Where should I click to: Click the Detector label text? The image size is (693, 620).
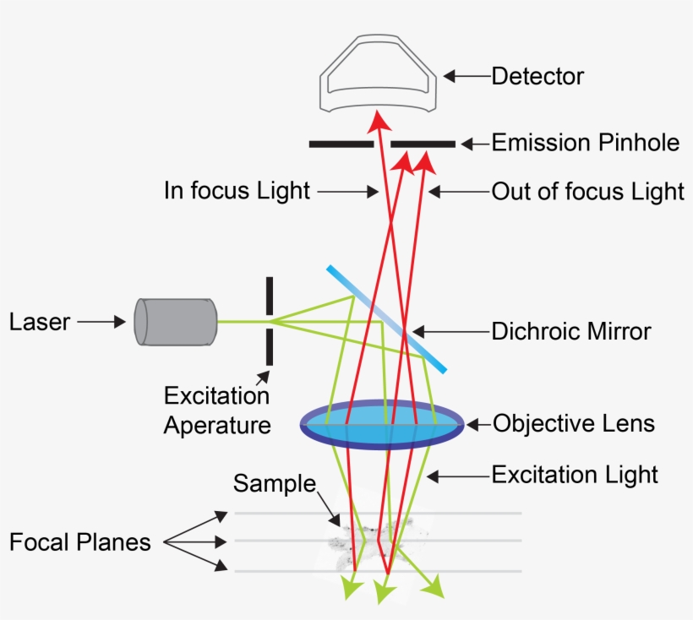537,76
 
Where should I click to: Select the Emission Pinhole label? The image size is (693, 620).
585,143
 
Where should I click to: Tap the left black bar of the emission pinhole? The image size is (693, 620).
341,144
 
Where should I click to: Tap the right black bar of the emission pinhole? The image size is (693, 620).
423,144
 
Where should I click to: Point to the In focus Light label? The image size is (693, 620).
237,191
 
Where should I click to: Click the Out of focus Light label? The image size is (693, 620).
587,192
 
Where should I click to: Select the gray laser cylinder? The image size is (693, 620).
176,322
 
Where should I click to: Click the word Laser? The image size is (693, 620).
39,322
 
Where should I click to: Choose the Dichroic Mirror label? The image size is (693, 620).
571,331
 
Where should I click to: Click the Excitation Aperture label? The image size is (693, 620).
217,411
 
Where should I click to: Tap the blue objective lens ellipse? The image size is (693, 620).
382,425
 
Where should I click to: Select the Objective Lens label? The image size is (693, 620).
574,422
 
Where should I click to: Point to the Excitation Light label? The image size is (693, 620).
575,475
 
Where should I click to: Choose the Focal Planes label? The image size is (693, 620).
79,541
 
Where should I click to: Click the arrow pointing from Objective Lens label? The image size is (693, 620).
477,422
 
